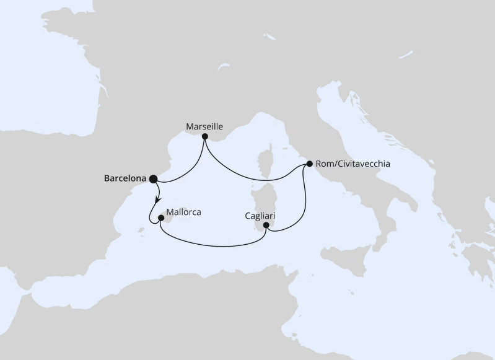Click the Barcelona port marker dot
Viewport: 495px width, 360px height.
152,179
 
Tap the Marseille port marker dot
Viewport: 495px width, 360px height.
204,136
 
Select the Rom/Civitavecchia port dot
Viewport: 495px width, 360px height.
309,164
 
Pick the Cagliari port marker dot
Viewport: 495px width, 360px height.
266,225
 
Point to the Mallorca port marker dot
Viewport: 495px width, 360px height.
160,218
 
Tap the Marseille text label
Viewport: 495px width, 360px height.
204,126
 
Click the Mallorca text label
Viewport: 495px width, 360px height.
184,212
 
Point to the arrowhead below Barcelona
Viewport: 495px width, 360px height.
157,198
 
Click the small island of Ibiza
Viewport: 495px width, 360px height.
141,231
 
